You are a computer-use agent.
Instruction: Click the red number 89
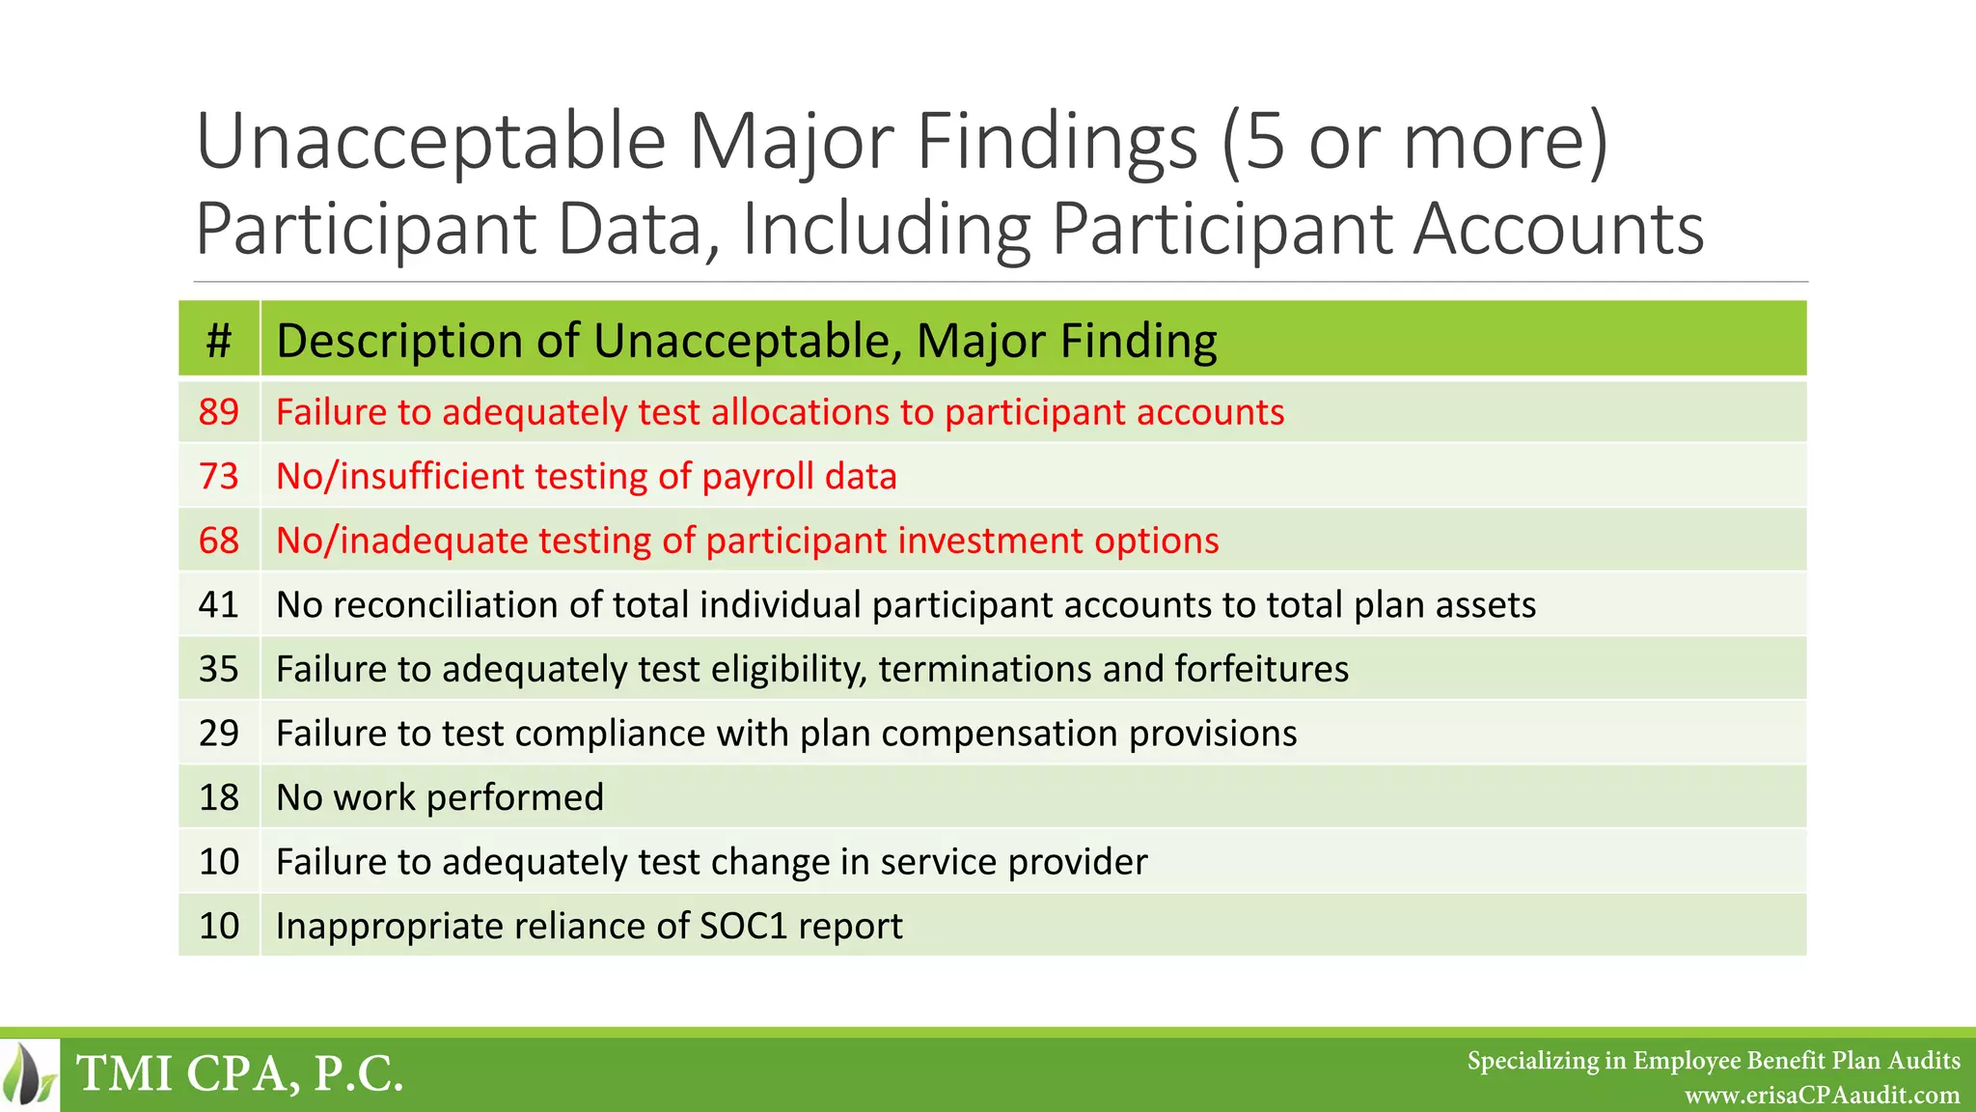[219, 412]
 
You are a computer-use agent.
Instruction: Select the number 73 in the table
[219, 477]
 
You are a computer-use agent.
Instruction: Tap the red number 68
[219, 541]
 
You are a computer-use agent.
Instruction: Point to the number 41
[219, 605]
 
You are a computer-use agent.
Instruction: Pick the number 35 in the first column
[219, 669]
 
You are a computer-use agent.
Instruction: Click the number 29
[219, 734]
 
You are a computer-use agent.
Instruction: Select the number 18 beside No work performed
[219, 797]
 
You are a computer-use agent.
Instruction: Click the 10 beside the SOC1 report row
[219, 926]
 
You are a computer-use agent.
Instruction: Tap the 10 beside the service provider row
[219, 862]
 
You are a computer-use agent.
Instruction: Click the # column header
[219, 341]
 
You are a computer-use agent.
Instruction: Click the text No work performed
[440, 797]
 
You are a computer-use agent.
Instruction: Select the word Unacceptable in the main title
[430, 142]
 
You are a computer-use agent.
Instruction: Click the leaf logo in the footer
[29, 1074]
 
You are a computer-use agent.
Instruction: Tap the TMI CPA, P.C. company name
[239, 1074]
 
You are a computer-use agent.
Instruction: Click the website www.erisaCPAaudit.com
[1822, 1096]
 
